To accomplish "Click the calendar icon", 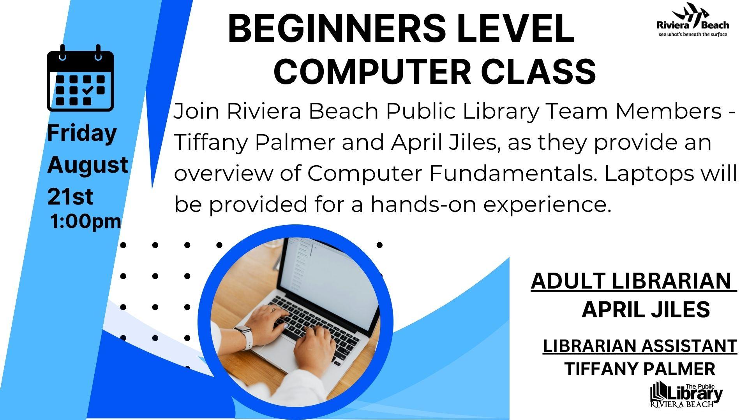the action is (80, 78).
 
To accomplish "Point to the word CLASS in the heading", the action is (539, 72).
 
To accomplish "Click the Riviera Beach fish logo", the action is (693, 19).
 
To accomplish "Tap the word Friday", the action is (82, 133).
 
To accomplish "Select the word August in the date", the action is (88, 165).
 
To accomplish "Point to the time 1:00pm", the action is (86, 221).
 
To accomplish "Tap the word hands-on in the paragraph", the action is (423, 204).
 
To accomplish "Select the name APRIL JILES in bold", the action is (646, 310).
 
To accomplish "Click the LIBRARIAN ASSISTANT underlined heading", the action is (640, 346).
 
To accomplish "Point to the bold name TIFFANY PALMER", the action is (640, 369).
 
